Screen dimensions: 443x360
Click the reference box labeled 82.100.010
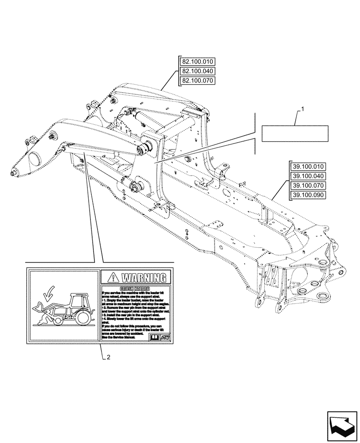pyautogui.click(x=197, y=62)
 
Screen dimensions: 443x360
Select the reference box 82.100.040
pyautogui.click(x=197, y=71)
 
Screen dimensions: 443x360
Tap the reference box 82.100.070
pyautogui.click(x=197, y=81)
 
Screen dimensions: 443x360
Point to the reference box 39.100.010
pyautogui.click(x=308, y=167)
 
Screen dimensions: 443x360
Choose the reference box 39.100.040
pyautogui.click(x=308, y=176)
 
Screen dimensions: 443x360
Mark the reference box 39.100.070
pyautogui.click(x=308, y=186)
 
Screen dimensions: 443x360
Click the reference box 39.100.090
pyautogui.click(x=308, y=195)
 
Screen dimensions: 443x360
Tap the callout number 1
pyautogui.click(x=302, y=109)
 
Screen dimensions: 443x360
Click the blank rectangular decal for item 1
pyautogui.click(x=295, y=133)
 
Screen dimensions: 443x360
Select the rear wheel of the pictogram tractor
pyautogui.click(x=82, y=317)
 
